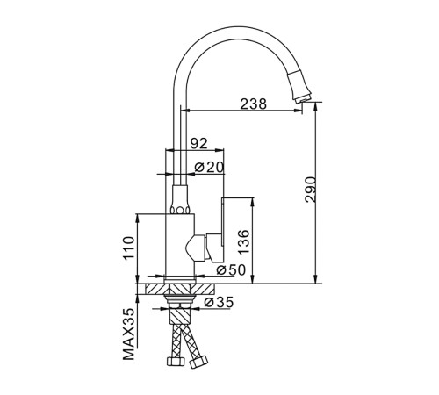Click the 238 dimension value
(254, 104)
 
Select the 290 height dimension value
(311, 190)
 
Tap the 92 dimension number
(199, 143)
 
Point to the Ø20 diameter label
(209, 168)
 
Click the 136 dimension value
(243, 242)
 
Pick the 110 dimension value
(129, 248)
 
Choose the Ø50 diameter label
(231, 270)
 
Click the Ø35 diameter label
(219, 302)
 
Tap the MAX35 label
(129, 334)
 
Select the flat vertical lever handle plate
(223, 221)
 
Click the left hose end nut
(176, 362)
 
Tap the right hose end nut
(198, 362)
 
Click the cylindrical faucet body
(180, 245)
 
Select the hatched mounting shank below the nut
(180, 315)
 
